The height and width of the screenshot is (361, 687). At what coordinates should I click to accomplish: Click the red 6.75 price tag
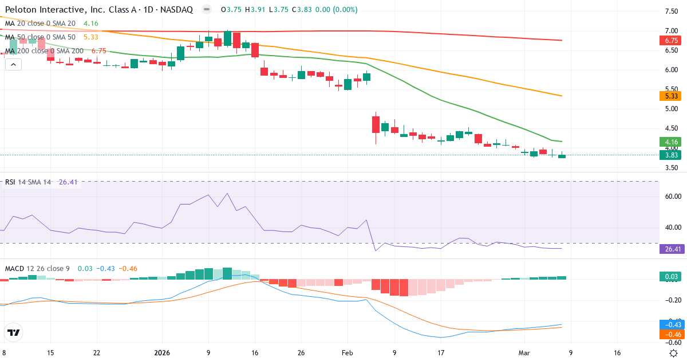tap(672, 41)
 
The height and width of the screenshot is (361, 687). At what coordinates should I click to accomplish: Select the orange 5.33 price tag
tap(672, 96)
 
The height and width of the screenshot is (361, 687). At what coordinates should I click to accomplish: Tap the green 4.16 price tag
tap(672, 142)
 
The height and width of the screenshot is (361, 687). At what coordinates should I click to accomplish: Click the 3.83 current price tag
tap(672, 155)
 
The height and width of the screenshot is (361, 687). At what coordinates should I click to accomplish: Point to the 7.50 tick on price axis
tap(671, 11)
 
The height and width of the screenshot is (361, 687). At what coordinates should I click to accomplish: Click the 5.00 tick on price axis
tap(671, 109)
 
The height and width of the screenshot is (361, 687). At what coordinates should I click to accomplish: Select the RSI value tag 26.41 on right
tap(672, 249)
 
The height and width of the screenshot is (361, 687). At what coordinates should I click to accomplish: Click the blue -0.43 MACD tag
tap(672, 324)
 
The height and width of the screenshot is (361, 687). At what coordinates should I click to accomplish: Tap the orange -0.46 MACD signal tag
tap(672, 333)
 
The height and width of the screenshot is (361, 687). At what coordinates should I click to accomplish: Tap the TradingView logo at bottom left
tap(13, 332)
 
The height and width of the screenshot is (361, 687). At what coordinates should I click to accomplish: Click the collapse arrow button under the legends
tap(13, 65)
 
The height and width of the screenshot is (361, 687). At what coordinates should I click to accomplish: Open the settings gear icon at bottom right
tap(674, 353)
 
